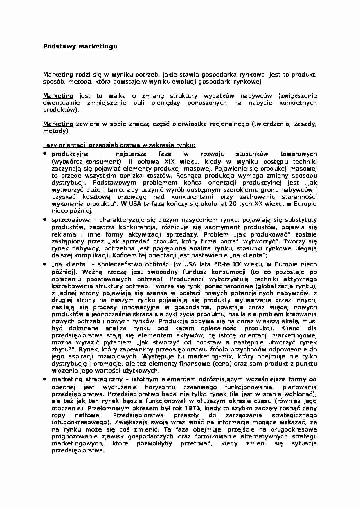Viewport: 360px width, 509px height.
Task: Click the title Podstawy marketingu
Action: click(x=80, y=46)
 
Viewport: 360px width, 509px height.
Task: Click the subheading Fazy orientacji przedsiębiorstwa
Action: click(x=119, y=145)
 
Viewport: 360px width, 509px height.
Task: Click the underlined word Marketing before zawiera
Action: click(x=58, y=124)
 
